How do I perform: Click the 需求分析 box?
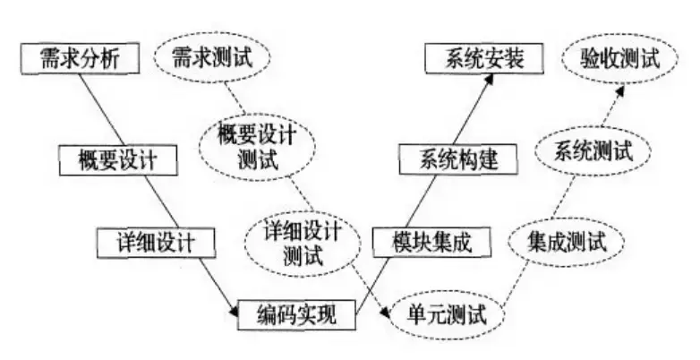(80, 59)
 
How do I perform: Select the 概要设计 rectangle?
(116, 160)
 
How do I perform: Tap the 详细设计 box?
(157, 240)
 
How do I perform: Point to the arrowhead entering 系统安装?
(491, 79)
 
